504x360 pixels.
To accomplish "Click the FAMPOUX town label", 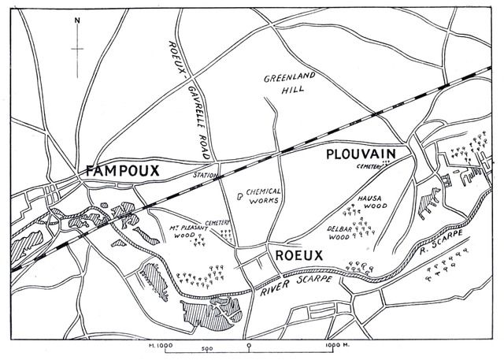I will (x=121, y=170).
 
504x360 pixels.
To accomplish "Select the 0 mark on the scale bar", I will (x=249, y=346).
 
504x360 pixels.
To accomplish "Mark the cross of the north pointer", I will (x=77, y=49).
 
